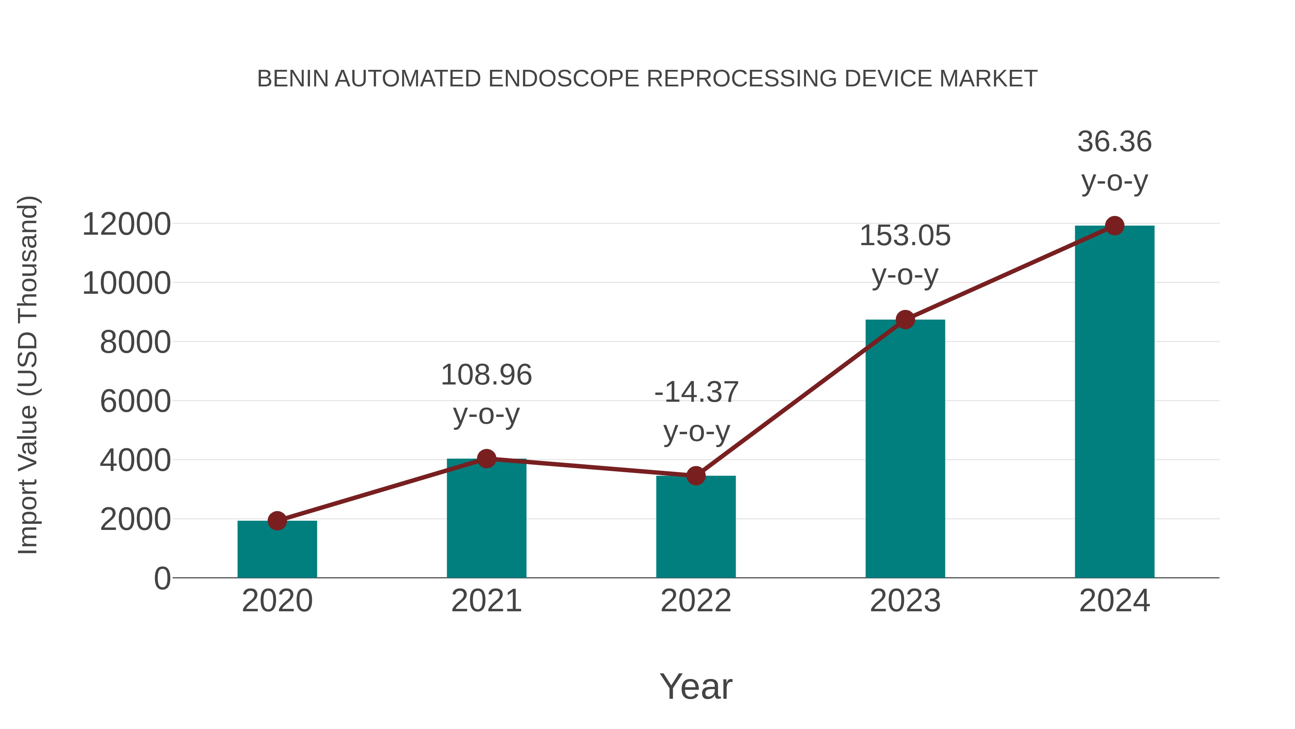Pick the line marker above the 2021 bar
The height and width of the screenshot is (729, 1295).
coord(486,458)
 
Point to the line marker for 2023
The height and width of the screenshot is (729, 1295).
coord(905,319)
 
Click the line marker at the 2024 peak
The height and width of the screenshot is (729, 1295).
coord(1114,226)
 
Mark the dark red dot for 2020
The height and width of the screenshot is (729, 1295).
coord(277,521)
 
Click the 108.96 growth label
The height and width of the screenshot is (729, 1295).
coord(486,375)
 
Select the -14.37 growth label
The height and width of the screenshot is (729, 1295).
coord(696,392)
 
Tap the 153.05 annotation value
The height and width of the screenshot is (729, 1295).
coord(905,236)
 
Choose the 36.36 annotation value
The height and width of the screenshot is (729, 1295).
coord(1114,142)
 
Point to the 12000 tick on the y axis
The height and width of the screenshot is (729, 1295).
coord(127,224)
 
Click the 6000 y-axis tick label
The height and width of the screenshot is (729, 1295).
coord(135,401)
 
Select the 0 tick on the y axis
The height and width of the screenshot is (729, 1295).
coord(162,579)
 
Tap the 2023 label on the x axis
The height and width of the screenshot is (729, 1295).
coord(905,601)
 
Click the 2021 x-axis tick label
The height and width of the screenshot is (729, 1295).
coord(486,601)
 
